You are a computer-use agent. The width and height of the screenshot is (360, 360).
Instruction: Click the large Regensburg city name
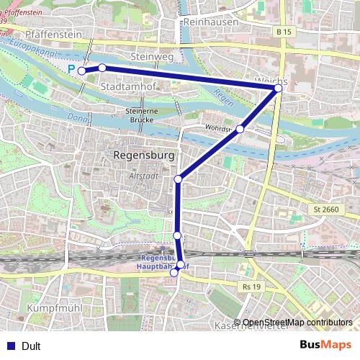(145, 155)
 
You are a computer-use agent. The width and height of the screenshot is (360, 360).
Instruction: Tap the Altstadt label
(142, 174)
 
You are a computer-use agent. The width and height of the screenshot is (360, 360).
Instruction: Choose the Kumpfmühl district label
(51, 307)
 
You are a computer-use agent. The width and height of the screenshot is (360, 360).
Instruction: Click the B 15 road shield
(284, 32)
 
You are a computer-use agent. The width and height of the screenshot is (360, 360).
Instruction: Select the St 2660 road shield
(326, 210)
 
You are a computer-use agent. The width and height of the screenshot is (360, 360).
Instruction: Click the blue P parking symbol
(72, 68)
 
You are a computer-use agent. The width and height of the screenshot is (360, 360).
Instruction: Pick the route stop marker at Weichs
(278, 88)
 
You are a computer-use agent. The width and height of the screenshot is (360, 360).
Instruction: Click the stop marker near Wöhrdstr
(240, 129)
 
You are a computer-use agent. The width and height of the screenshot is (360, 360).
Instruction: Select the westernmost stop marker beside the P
(82, 71)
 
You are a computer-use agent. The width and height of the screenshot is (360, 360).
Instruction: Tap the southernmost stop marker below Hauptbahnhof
(174, 273)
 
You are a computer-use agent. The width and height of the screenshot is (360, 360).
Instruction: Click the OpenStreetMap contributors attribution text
(297, 323)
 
